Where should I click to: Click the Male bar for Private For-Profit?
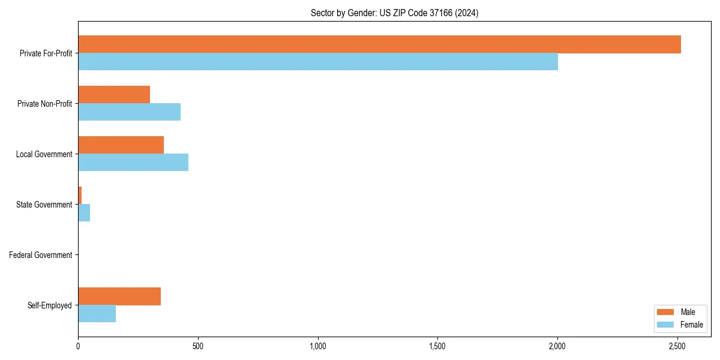pyautogui.click(x=379, y=44)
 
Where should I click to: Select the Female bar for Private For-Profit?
pyautogui.click(x=318, y=62)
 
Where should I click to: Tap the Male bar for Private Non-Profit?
pyautogui.click(x=114, y=95)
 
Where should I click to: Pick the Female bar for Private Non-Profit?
pyautogui.click(x=129, y=112)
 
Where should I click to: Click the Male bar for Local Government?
pyautogui.click(x=121, y=145)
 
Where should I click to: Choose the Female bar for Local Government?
pyautogui.click(x=133, y=163)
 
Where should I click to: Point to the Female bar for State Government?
pyautogui.click(x=84, y=213)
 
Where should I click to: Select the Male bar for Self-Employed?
pyautogui.click(x=119, y=296)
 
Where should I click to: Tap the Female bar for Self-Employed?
pyautogui.click(x=97, y=314)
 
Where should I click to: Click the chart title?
pyautogui.click(x=394, y=13)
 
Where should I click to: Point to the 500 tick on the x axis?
pyautogui.click(x=198, y=346)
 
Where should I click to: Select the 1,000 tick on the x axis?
pyautogui.click(x=318, y=346)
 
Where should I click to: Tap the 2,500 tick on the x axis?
pyautogui.click(x=677, y=346)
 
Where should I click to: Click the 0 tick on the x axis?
pyautogui.click(x=78, y=346)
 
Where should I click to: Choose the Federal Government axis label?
pyautogui.click(x=41, y=255)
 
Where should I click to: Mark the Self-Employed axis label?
pyautogui.click(x=50, y=305)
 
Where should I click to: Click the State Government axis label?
pyautogui.click(x=44, y=205)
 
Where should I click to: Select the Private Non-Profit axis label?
pyautogui.click(x=45, y=104)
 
